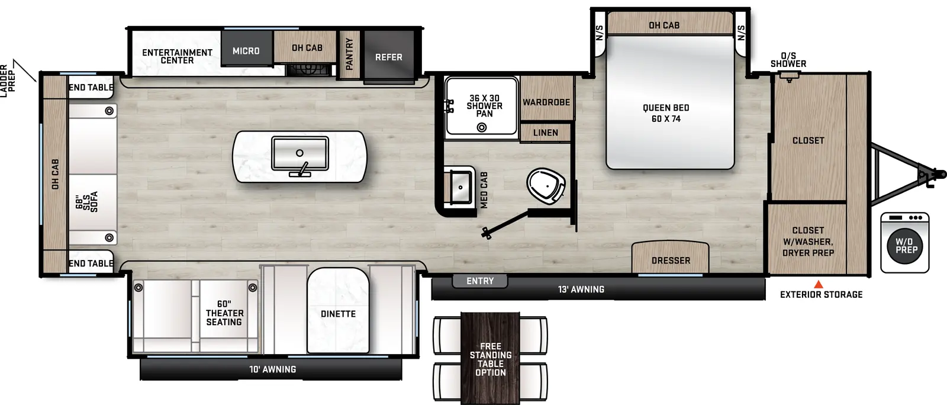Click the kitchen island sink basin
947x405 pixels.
[x=299, y=153]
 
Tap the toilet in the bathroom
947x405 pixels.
[x=545, y=185]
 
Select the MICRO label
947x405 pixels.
[x=246, y=51]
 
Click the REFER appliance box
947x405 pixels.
[x=388, y=57]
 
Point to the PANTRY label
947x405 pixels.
[x=349, y=54]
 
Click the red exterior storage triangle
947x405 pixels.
[x=819, y=285]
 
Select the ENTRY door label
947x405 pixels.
[x=480, y=281]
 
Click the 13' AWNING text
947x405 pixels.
[x=581, y=290]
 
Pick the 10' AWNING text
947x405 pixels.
[x=272, y=369]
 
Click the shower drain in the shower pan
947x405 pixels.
[x=482, y=127]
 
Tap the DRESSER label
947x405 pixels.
[x=671, y=261]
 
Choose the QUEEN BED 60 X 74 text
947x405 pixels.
[x=666, y=113]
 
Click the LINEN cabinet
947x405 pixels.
[x=545, y=133]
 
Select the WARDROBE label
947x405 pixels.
[x=546, y=102]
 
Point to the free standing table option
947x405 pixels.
[x=491, y=359]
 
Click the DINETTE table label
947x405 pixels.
[x=338, y=314]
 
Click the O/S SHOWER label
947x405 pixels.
[x=788, y=60]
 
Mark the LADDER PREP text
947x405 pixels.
[x=8, y=80]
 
